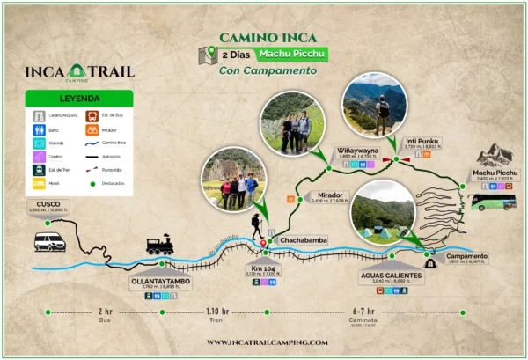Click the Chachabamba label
(x=302, y=239)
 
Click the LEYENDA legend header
(x=79, y=99)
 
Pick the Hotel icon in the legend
(x=40, y=184)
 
